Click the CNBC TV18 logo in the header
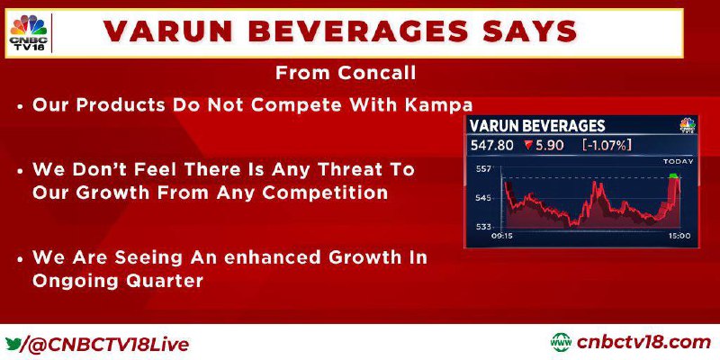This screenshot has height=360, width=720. (29, 32)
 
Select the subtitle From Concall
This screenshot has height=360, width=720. (346, 73)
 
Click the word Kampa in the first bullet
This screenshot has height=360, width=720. (439, 106)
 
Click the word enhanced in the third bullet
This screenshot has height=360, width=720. (269, 257)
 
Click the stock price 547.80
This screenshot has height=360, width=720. (491, 145)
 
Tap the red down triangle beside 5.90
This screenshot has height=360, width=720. (528, 146)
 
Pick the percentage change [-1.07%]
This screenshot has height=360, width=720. (607, 145)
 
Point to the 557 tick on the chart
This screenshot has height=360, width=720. (482, 169)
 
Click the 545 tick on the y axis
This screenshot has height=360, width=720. (483, 198)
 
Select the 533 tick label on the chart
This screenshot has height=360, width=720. (483, 228)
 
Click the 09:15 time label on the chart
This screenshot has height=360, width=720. (502, 236)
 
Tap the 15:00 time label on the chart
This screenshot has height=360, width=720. (679, 236)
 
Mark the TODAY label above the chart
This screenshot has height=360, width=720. (679, 162)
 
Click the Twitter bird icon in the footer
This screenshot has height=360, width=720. (13, 344)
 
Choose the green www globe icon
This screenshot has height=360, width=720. (561, 343)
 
